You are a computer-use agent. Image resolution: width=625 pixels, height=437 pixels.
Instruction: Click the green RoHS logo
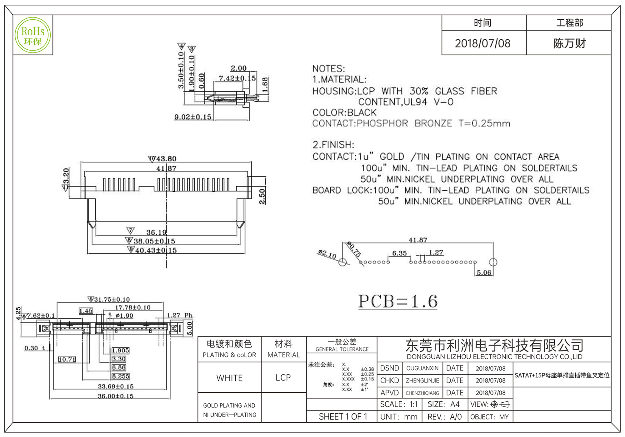pyautogui.click(x=33, y=35)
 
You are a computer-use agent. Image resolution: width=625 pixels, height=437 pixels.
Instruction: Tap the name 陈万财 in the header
pyautogui.click(x=569, y=43)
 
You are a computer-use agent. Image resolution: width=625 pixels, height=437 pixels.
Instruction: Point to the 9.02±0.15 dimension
pyautogui.click(x=193, y=117)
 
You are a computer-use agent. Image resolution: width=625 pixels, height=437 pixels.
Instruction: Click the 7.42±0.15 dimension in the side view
pyautogui.click(x=237, y=78)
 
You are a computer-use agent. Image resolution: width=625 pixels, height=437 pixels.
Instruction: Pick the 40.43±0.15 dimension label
pyautogui.click(x=156, y=250)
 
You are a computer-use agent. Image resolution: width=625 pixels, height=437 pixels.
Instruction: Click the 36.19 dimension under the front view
pyautogui.click(x=156, y=233)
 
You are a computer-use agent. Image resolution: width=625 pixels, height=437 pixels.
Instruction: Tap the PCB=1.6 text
pyautogui.click(x=397, y=302)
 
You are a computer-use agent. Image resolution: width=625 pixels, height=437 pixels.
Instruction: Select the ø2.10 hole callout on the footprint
pyautogui.click(x=327, y=254)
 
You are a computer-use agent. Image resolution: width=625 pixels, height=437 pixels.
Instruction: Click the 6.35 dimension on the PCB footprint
pyautogui.click(x=399, y=253)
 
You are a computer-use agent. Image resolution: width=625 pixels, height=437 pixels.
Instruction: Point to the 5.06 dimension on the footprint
pyautogui.click(x=484, y=273)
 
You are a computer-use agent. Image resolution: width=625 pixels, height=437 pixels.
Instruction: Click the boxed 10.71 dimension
pyautogui.click(x=67, y=360)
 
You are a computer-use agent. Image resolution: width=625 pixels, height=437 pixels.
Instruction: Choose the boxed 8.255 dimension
pyautogui.click(x=121, y=376)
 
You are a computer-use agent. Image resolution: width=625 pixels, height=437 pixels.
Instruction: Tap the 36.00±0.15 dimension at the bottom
pyautogui.click(x=116, y=396)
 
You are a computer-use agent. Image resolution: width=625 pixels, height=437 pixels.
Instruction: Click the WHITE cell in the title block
pyautogui.click(x=229, y=378)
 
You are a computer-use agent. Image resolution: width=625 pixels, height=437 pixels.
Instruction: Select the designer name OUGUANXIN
pyautogui.click(x=422, y=368)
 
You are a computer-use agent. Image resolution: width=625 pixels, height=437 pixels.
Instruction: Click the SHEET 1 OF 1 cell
pyautogui.click(x=343, y=417)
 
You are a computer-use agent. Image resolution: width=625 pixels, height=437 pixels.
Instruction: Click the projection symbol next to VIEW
pyautogui.click(x=500, y=405)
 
